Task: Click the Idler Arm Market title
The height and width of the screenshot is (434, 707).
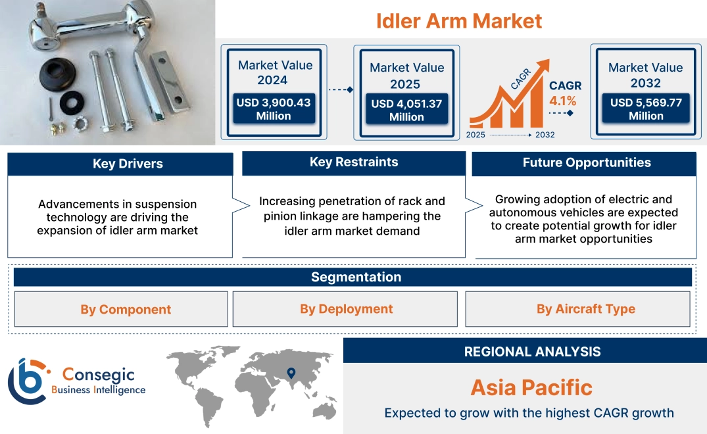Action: tap(459, 21)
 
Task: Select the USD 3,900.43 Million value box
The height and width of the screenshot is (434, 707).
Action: tap(273, 109)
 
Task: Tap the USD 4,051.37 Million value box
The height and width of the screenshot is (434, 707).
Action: tap(406, 110)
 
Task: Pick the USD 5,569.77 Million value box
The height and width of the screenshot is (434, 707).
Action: tap(646, 109)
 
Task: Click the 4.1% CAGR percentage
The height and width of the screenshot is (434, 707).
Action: tap(562, 101)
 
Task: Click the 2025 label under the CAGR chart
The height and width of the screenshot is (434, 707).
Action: tap(477, 135)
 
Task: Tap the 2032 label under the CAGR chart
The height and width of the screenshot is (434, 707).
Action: tap(545, 135)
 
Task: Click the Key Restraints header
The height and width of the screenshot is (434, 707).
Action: tap(354, 162)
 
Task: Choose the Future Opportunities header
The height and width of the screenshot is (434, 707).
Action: tap(587, 162)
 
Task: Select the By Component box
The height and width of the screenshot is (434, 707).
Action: tap(126, 309)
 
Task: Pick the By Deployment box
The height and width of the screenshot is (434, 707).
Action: tap(346, 309)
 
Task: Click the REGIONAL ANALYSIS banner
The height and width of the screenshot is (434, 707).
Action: tap(532, 352)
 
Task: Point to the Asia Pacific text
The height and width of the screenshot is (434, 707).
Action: tap(531, 387)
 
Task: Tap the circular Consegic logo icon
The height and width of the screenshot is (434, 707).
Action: tap(28, 381)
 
